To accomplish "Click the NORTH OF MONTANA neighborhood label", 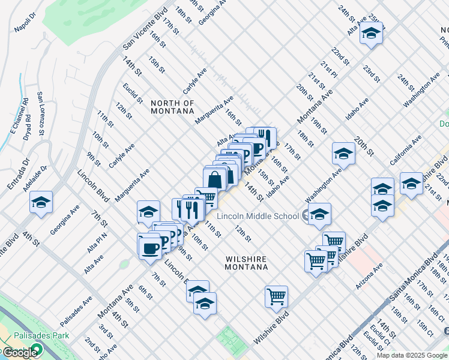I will (172, 107).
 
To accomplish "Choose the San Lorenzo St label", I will (41, 113).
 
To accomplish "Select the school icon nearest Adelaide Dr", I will (41, 202).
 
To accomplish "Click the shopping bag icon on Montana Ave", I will (214, 178).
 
